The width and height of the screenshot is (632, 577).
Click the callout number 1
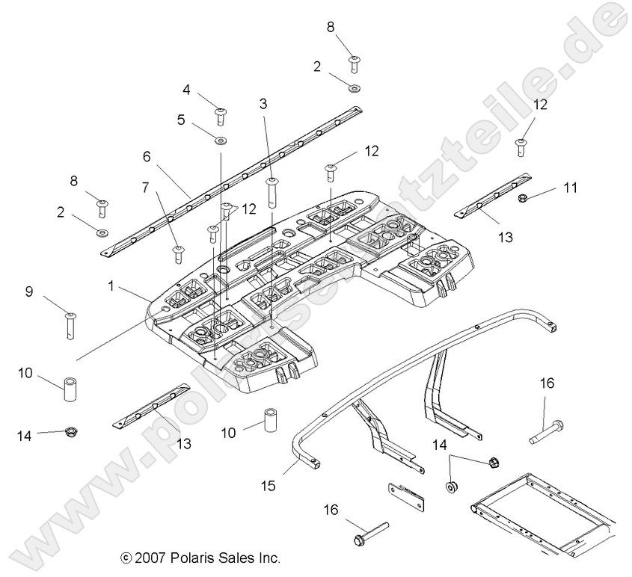(111, 286)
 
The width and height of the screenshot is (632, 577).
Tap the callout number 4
(186, 90)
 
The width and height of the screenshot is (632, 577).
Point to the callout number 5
(180, 119)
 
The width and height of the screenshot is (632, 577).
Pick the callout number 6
(147, 156)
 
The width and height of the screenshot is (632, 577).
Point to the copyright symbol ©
(126, 558)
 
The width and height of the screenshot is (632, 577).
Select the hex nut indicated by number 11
(524, 197)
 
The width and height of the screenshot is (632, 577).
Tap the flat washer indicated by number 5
(221, 140)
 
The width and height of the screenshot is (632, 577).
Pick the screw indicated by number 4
(221, 115)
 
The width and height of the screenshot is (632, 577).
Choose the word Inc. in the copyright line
(265, 558)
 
